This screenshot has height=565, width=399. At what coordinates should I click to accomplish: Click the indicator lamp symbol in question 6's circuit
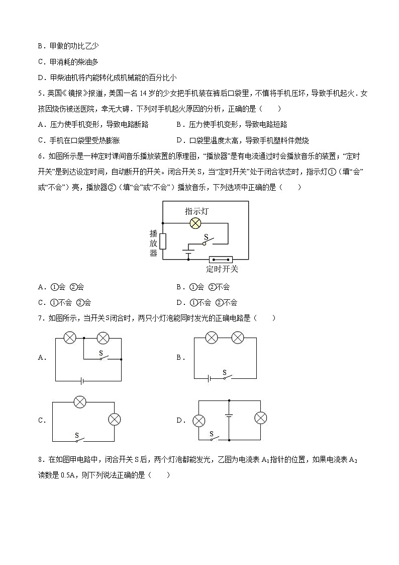click(x=195, y=224)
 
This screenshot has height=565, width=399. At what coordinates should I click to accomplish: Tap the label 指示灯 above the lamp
click(x=196, y=211)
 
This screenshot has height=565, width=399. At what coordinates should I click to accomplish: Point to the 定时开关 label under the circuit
click(x=222, y=269)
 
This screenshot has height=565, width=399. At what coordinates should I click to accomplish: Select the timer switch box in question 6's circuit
click(x=221, y=260)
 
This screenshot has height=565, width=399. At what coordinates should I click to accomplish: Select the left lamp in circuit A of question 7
click(x=70, y=338)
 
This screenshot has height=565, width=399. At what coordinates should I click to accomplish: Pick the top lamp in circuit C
click(x=80, y=401)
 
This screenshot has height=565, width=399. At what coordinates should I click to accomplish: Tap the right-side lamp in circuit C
click(x=115, y=419)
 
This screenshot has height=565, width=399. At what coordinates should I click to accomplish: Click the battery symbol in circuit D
click(x=229, y=416)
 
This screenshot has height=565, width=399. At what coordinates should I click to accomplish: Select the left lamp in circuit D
click(x=199, y=420)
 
